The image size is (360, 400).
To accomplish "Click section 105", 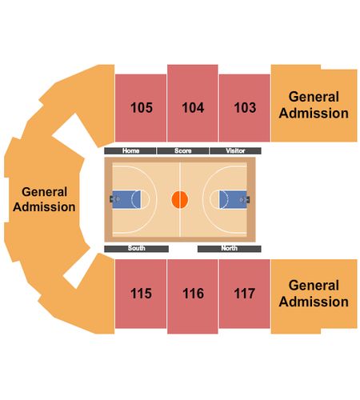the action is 141,108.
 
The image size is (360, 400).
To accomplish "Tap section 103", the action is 244,108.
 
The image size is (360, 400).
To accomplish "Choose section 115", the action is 141,294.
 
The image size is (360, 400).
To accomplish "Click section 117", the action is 244,294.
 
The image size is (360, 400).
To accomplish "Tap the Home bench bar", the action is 130,151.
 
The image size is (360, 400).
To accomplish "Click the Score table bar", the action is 183,151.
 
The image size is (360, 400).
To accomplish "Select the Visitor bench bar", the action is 235,151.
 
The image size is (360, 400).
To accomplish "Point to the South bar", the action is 136,249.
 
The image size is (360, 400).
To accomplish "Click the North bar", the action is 230,249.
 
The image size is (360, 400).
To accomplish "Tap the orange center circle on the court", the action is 180,199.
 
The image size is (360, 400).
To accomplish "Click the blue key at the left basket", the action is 126,199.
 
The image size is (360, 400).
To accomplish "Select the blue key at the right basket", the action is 233,199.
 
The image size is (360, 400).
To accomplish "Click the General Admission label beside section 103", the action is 314,105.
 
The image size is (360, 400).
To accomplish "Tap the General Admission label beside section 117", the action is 314,294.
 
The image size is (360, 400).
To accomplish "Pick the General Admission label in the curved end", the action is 44,199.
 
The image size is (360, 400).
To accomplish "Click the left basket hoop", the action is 118,199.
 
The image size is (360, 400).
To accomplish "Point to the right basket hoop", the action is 242,199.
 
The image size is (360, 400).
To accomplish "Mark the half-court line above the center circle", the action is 180,177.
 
